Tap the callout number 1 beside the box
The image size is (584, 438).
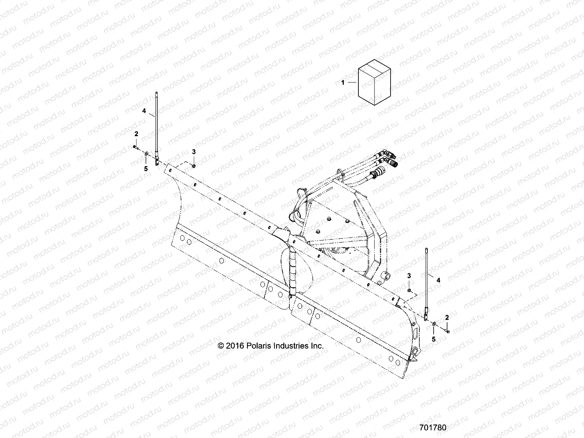pyautogui.click(x=353, y=83)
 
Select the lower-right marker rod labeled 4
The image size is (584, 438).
pyautogui.click(x=426, y=281)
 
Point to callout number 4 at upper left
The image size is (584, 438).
pyautogui.click(x=144, y=111)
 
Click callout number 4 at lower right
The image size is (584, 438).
pyautogui.click(x=438, y=280)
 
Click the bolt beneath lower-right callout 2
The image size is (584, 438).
pyautogui.click(x=447, y=331)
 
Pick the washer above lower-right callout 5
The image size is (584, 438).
pyautogui.click(x=434, y=324)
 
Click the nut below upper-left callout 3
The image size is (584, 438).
pyautogui.click(x=194, y=166)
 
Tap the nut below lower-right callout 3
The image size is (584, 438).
pyautogui.click(x=409, y=291)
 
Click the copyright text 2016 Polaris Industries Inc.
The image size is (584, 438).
pyautogui.click(x=270, y=346)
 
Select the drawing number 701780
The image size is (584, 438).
pyautogui.click(x=433, y=427)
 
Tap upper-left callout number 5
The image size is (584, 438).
pyautogui.click(x=146, y=169)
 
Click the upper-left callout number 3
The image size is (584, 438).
pyautogui.click(x=194, y=151)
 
